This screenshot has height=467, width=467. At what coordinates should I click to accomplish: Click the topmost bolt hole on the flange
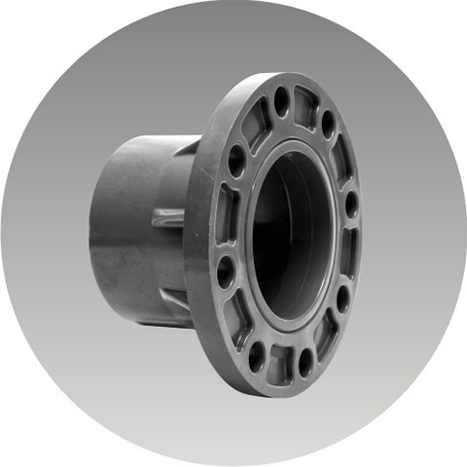pos(282,100)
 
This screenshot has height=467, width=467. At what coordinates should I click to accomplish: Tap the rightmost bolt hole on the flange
pos(351,205)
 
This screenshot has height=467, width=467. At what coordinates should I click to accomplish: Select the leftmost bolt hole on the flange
pos(226,269)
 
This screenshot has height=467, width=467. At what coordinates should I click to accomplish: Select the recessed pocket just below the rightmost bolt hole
pos(350,251)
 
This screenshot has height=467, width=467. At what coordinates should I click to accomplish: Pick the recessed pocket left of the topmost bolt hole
pos(257,123)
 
